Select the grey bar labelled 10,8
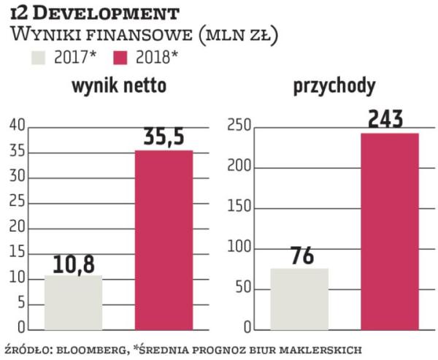pos(74,302)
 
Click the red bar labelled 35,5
pos(164,239)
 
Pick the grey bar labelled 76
pos(299,298)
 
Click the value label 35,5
pos(164,138)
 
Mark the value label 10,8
pos(73,264)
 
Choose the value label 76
pos(299,257)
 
